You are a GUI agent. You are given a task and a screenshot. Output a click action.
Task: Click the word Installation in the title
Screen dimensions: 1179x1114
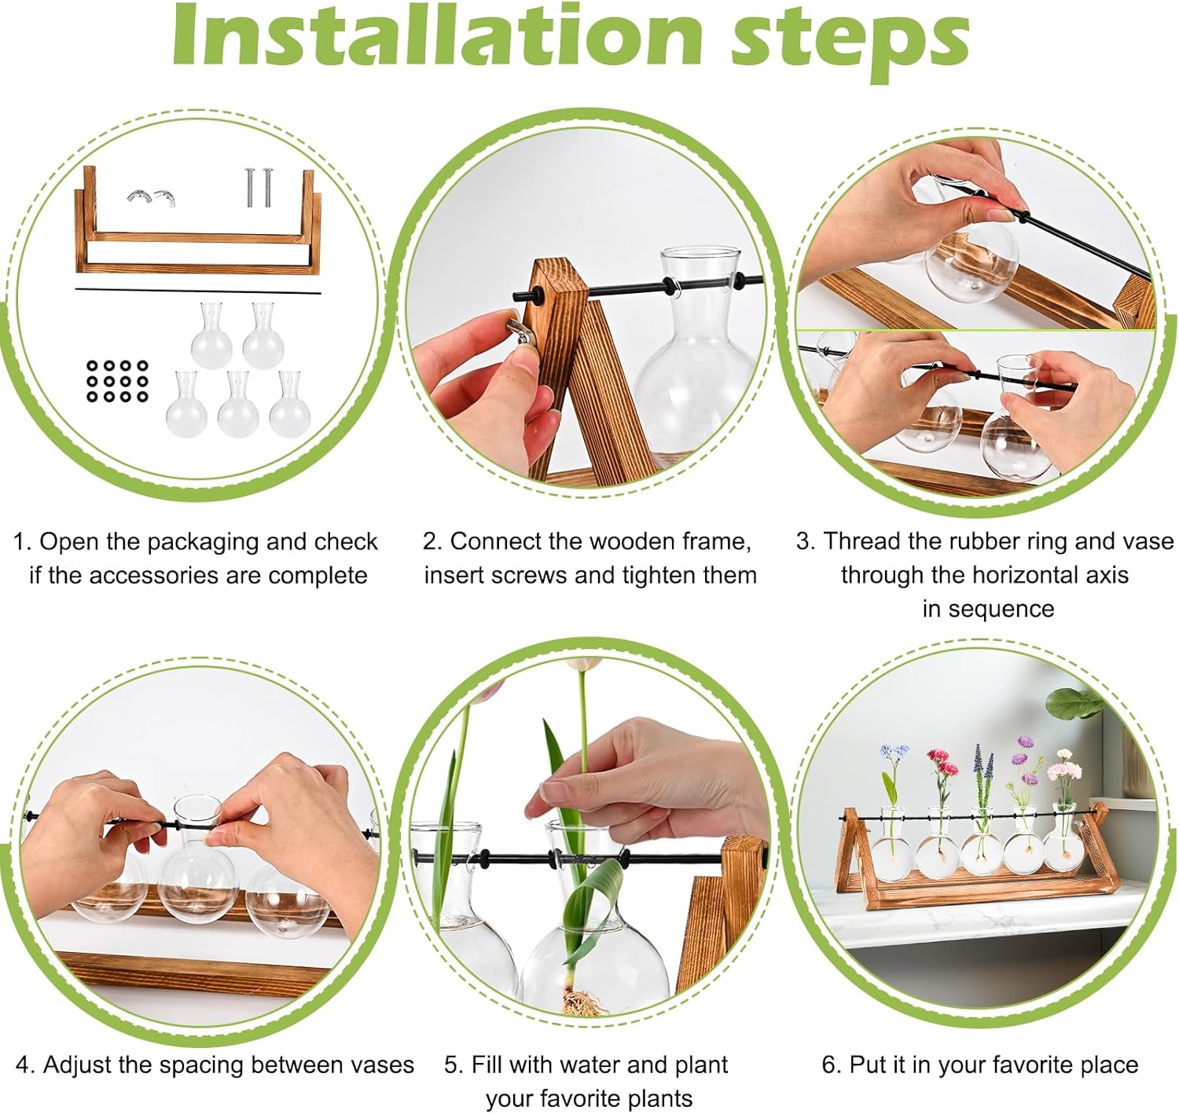[436, 37]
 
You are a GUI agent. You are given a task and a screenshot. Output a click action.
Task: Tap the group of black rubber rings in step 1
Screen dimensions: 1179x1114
[117, 381]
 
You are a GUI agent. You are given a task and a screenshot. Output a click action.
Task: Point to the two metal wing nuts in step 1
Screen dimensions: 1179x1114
[151, 197]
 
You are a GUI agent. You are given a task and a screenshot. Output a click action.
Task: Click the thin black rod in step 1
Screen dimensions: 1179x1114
[198, 291]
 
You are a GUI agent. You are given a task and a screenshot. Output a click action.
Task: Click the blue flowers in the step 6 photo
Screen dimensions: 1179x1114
[894, 752]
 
